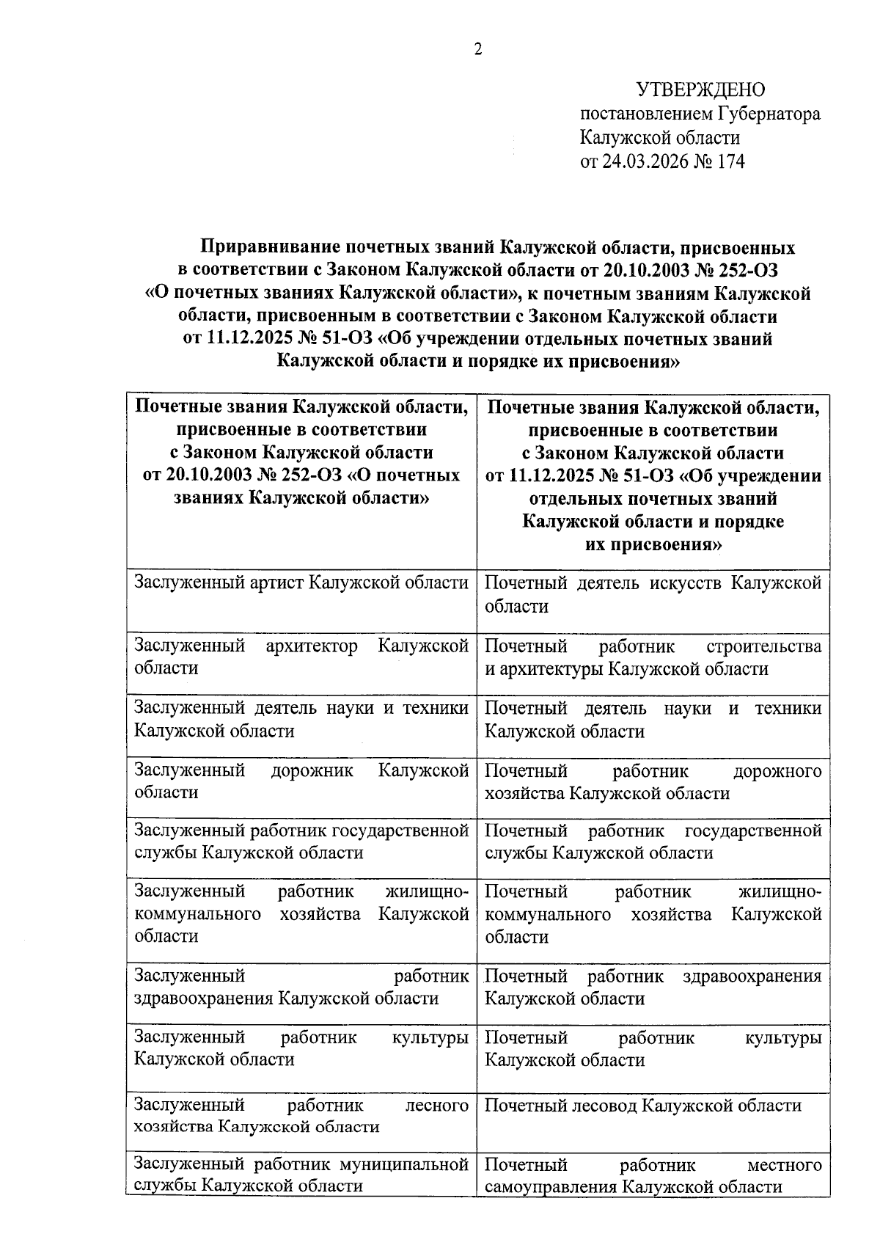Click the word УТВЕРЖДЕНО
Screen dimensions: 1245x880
[x=700, y=90]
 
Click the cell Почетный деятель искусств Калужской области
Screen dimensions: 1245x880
[x=653, y=594]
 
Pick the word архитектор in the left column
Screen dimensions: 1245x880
[x=312, y=646]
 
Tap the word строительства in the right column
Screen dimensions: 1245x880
[x=763, y=646]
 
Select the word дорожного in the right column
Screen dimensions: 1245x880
[x=777, y=771]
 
